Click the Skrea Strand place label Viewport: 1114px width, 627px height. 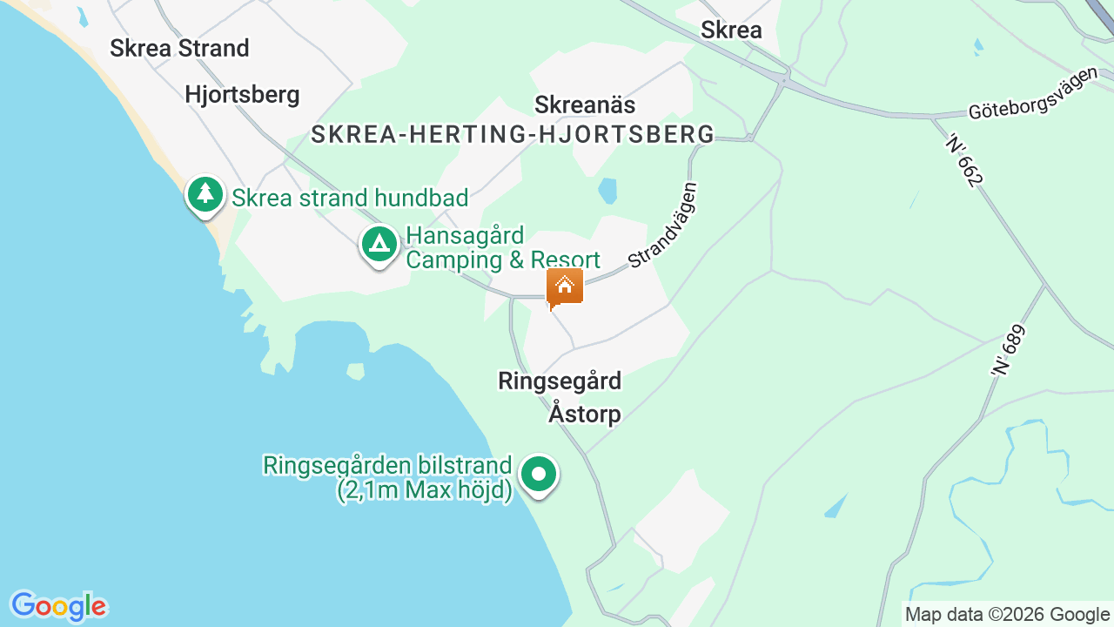[x=179, y=48]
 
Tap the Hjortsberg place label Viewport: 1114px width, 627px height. [x=242, y=94]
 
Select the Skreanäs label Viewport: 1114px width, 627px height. [x=585, y=104]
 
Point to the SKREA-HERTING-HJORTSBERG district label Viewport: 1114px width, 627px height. [x=513, y=134]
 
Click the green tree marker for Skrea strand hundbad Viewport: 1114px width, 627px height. [x=205, y=193]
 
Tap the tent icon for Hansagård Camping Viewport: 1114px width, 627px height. [x=379, y=244]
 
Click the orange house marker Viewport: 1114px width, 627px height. [x=565, y=287]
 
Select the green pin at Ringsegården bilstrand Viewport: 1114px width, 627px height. [x=539, y=475]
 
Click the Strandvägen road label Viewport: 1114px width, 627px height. [x=663, y=224]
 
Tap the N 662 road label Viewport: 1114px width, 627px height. [x=964, y=159]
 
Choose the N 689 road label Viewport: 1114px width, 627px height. [x=1009, y=350]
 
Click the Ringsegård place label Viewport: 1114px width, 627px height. [x=560, y=381]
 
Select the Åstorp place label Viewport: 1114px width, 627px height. [x=585, y=414]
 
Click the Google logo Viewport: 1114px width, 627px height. [x=58, y=605]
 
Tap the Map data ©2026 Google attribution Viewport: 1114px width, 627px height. [x=1007, y=614]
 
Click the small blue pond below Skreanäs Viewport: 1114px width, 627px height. [x=607, y=189]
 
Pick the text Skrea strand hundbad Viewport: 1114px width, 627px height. [x=350, y=198]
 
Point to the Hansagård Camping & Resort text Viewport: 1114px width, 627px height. [x=503, y=248]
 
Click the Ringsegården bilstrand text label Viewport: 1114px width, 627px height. [x=388, y=477]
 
